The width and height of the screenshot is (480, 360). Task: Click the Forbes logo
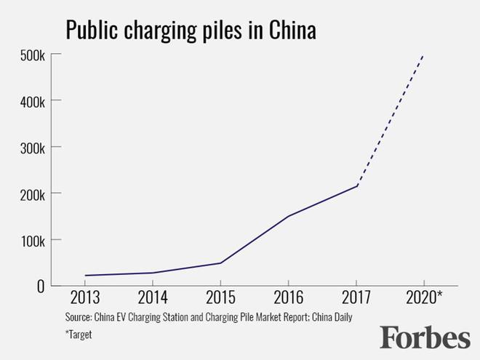pos(425,337)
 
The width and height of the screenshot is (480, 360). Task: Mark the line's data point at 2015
pos(220,263)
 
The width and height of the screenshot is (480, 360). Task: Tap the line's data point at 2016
pos(289,216)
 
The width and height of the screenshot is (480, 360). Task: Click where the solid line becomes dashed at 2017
pos(356,186)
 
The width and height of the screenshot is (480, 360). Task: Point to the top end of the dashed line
pos(424,55)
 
